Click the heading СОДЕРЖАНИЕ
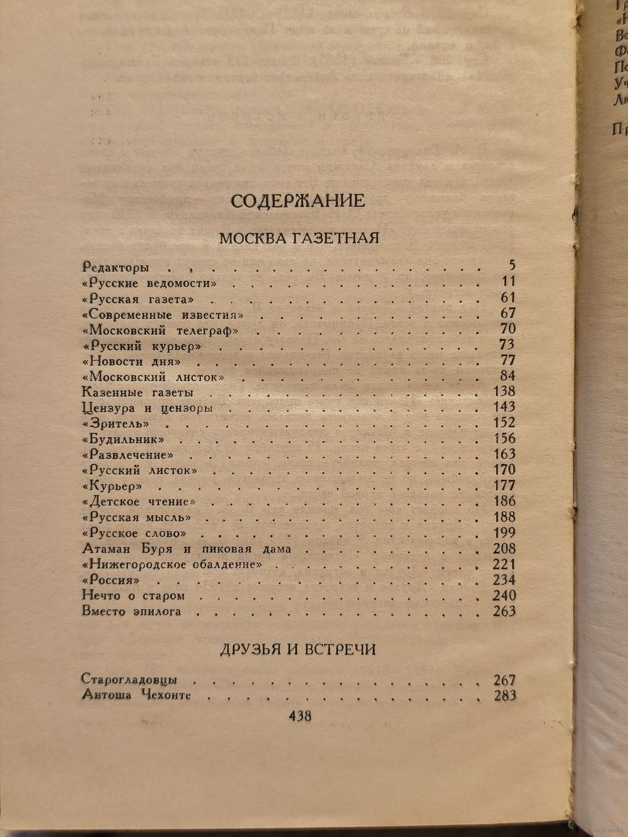[x=298, y=201]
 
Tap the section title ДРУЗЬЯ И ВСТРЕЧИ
[x=298, y=649]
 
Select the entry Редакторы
[x=115, y=267]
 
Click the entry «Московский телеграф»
[x=162, y=330]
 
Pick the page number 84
[x=507, y=375]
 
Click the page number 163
[x=504, y=454]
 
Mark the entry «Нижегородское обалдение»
[x=171, y=564]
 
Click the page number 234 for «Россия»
[x=504, y=580]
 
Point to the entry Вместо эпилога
[x=132, y=611]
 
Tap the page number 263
[x=504, y=611]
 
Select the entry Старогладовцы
[x=129, y=679]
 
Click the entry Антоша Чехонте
[x=136, y=695]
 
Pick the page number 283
[x=504, y=695]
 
